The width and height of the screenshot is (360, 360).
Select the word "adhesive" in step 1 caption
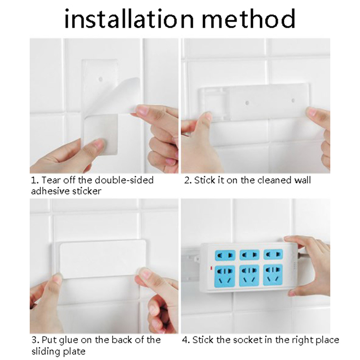click(50, 191)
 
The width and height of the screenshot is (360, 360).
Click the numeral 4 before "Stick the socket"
click(185, 340)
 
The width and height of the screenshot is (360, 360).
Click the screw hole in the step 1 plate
click(100, 80)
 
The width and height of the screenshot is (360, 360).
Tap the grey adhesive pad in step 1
click(100, 134)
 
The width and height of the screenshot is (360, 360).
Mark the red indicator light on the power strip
click(211, 268)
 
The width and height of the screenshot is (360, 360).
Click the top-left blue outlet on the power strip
click(225, 255)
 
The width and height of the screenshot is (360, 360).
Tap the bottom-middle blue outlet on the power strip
click(249, 275)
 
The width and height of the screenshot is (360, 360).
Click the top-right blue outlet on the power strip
click(273, 254)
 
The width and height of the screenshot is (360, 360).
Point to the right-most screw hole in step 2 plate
click(293, 100)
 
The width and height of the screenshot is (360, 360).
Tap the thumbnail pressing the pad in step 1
click(99, 144)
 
